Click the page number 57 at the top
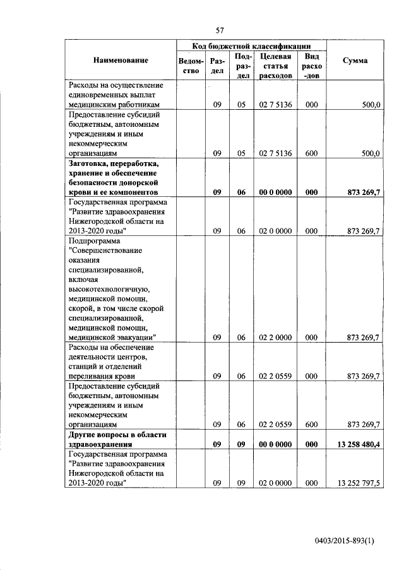click(220, 30)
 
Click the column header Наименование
click(121, 61)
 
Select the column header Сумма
click(355, 61)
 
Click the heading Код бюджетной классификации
click(251, 45)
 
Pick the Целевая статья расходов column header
click(275, 66)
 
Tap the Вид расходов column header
click(311, 66)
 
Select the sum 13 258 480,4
click(359, 444)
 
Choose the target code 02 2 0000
click(275, 338)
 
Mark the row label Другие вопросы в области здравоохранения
click(112, 439)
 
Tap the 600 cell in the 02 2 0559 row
click(311, 425)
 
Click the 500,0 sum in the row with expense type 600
click(369, 153)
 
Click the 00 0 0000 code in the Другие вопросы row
click(275, 444)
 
